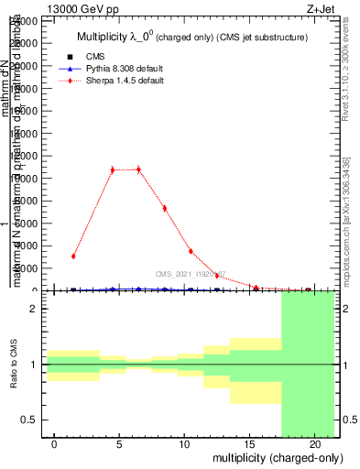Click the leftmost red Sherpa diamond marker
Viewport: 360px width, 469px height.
73,256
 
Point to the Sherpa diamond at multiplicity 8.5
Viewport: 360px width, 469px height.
164,208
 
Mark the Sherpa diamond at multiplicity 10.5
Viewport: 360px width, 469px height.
191,251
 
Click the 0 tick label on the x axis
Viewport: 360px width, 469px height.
54,444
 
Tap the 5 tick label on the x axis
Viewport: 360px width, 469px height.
119,444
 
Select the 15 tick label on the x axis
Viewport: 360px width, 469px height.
249,444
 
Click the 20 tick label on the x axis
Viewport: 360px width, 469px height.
314,444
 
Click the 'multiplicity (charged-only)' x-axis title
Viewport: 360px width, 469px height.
278,458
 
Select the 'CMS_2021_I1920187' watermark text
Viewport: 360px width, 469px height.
190,274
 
